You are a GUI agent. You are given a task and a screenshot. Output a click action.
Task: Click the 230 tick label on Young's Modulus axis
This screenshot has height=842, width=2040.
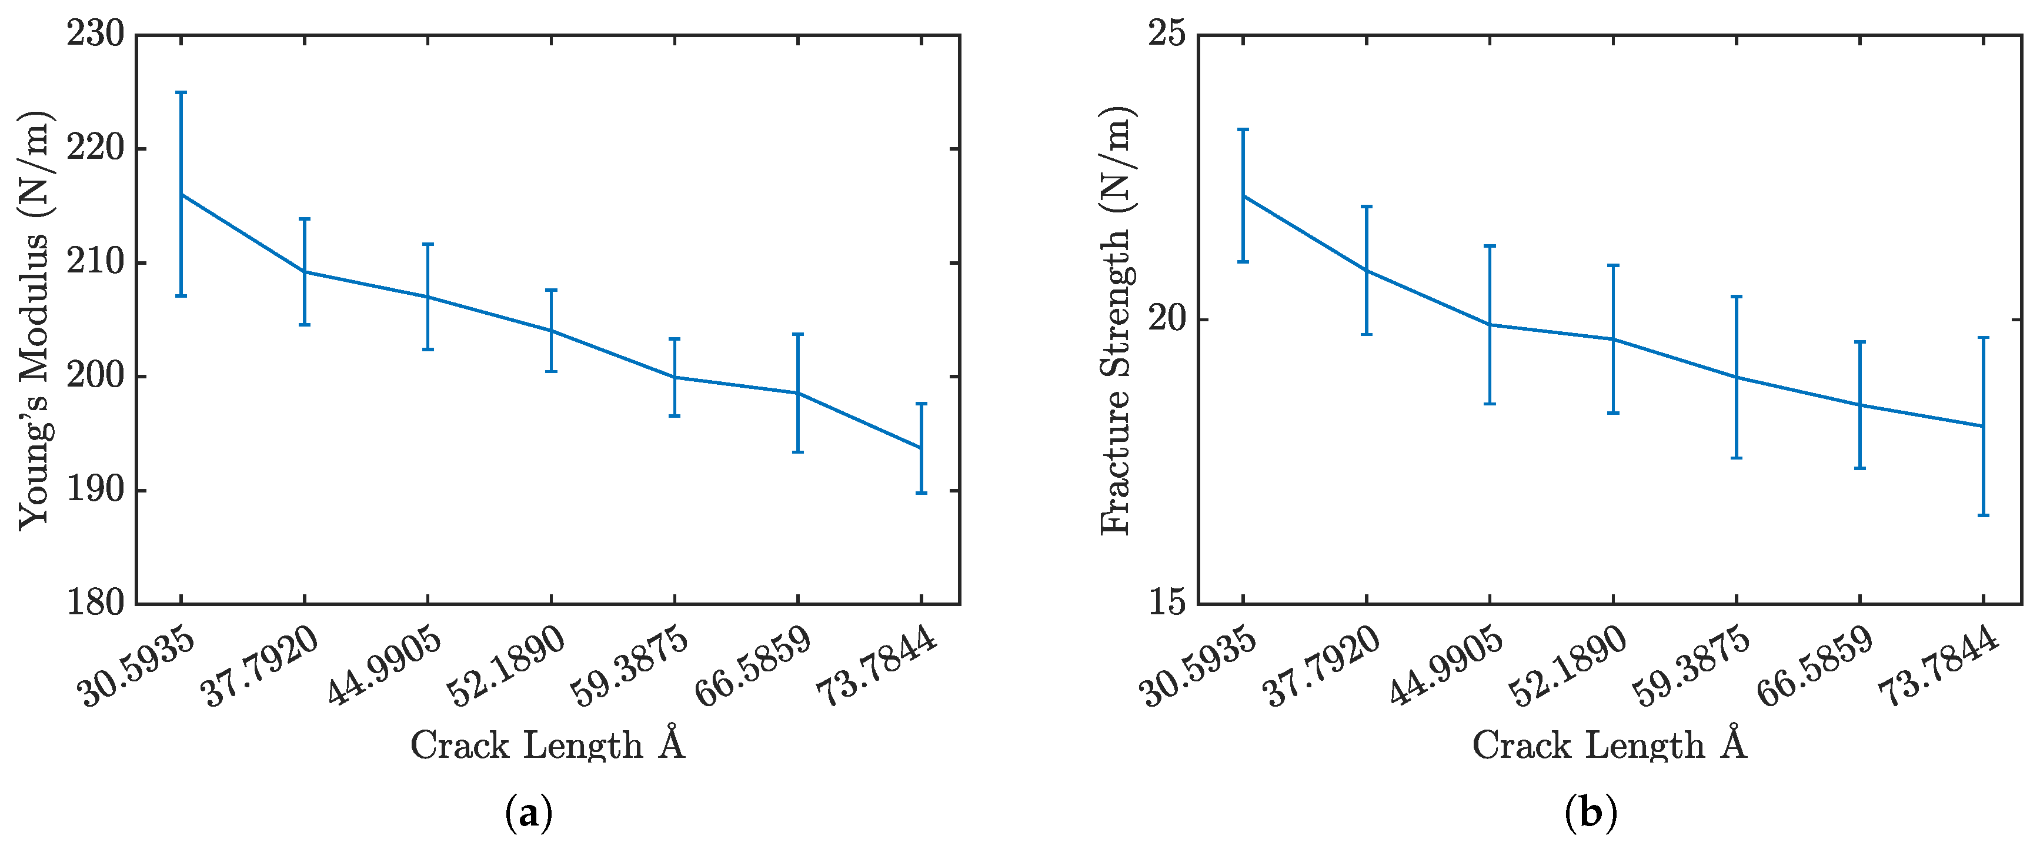click(x=95, y=34)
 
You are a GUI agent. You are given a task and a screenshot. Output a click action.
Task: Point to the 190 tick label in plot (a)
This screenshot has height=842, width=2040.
click(x=95, y=490)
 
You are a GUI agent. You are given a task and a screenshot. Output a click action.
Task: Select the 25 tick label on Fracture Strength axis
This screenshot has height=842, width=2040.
click(x=1167, y=34)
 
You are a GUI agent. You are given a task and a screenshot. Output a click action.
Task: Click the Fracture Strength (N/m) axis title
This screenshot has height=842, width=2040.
click(x=1117, y=320)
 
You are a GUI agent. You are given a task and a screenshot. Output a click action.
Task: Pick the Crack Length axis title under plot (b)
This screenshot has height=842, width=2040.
click(x=1609, y=744)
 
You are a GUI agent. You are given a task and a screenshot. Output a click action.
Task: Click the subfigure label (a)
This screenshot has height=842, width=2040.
click(x=528, y=813)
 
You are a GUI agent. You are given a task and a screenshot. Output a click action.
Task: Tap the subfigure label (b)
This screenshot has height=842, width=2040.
click(x=1591, y=813)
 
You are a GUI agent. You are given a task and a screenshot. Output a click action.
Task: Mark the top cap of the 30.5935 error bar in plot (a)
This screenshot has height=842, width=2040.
click(x=181, y=93)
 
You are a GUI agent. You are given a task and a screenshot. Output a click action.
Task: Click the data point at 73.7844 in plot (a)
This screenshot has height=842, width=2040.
click(x=921, y=448)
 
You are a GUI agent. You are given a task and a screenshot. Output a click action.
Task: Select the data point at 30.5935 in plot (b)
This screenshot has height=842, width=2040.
click(x=1243, y=196)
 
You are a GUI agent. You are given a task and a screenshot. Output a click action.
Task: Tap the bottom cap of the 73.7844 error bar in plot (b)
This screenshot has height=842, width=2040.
click(x=1984, y=515)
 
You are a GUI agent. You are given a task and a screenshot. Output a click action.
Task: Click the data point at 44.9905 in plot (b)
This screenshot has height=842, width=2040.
click(x=1490, y=325)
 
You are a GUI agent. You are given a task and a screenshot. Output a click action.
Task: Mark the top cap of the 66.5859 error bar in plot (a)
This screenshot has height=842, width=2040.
click(x=797, y=334)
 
